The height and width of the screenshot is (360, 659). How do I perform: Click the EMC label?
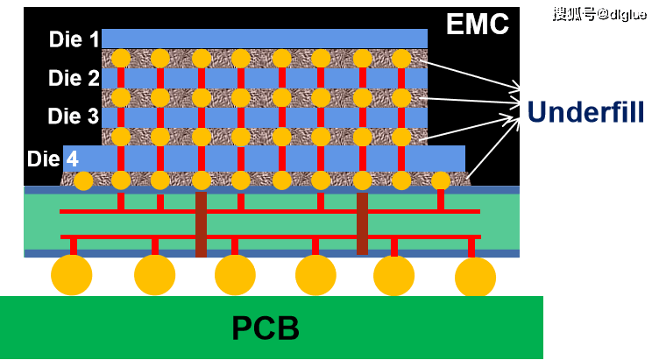tap(477, 24)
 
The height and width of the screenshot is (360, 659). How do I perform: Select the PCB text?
tap(266, 328)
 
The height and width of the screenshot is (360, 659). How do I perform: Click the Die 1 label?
tap(74, 39)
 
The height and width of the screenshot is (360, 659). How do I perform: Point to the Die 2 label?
tap(74, 78)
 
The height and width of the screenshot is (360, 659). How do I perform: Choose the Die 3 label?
tap(74, 116)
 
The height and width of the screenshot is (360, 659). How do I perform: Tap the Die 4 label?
tap(53, 159)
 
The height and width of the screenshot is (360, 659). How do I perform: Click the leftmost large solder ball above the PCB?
tap(72, 275)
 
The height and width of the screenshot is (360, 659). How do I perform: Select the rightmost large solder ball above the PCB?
tap(476, 276)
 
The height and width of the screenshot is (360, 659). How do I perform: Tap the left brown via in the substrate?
tap(202, 224)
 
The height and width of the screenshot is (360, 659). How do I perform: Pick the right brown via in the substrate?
tap(362, 223)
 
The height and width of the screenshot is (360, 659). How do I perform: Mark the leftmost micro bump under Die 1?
tap(121, 59)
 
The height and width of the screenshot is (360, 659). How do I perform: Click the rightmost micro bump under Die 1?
tap(401, 59)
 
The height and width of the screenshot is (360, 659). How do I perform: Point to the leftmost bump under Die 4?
tap(83, 181)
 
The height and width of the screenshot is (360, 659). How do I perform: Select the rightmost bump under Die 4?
tap(441, 181)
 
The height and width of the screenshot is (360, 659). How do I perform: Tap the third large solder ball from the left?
tap(235, 275)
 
